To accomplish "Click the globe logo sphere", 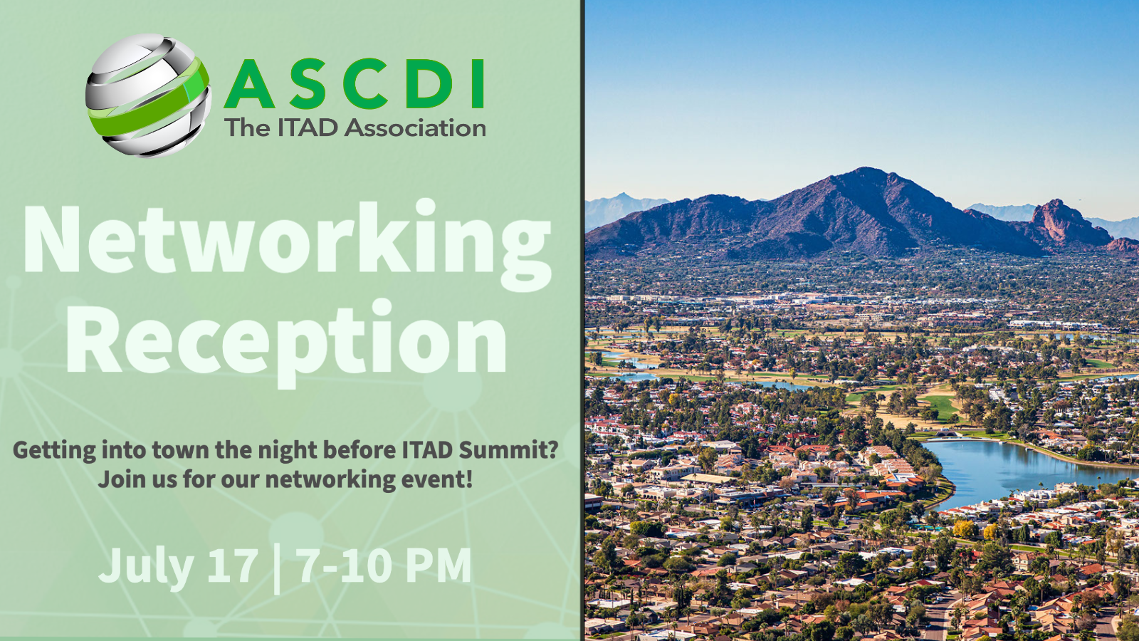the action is (148, 95).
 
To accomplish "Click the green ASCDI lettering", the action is (354, 85).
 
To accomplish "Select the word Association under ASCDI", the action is (416, 127).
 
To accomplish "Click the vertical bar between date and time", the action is (277, 569).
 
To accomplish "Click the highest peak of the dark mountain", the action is (866, 169).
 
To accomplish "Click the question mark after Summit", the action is (555, 449).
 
